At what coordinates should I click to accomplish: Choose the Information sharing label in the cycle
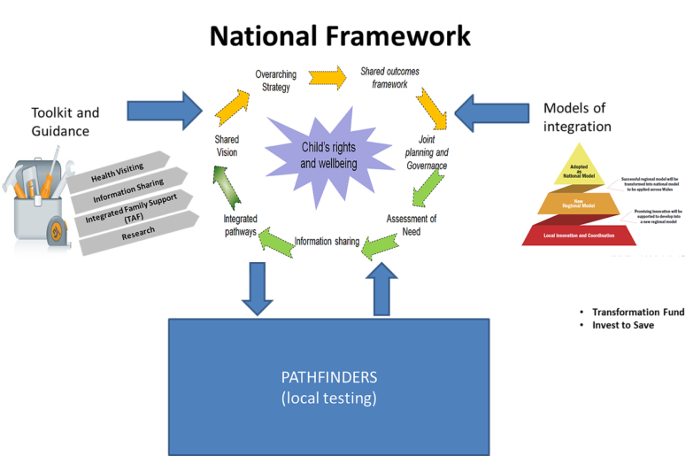click(327, 240)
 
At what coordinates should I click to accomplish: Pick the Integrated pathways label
click(239, 224)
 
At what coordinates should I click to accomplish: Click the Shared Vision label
click(226, 145)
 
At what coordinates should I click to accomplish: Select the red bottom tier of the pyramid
click(579, 235)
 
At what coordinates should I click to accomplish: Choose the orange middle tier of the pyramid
click(578, 205)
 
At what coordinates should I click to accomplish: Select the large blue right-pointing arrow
click(166, 110)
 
